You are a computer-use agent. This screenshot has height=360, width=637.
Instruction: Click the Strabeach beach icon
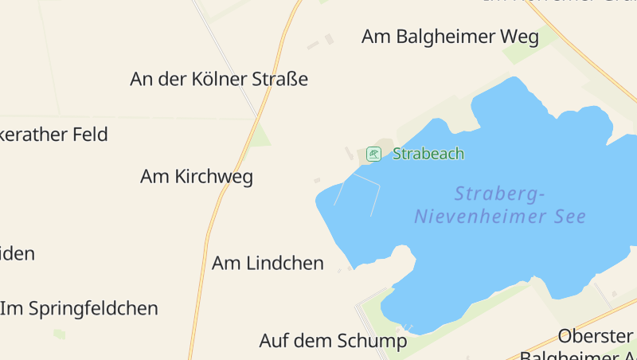[x=373, y=153]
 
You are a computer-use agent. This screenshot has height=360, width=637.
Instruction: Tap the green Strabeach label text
[x=428, y=154]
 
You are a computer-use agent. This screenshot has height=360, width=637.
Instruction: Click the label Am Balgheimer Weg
[x=450, y=37]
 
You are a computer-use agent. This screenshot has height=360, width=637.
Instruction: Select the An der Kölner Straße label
[x=219, y=80]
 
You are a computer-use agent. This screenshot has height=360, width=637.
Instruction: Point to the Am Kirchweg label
[x=197, y=177]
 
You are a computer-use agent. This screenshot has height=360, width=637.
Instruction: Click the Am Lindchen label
[x=268, y=263]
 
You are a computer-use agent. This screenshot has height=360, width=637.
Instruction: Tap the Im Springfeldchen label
[x=80, y=308]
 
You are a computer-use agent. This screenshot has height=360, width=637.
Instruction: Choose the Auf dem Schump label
[x=333, y=341]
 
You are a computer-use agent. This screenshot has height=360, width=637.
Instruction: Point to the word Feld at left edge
[x=89, y=134]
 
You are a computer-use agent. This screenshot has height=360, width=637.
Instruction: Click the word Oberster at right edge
[x=596, y=335]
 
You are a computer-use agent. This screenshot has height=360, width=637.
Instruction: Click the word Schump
[x=374, y=341]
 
